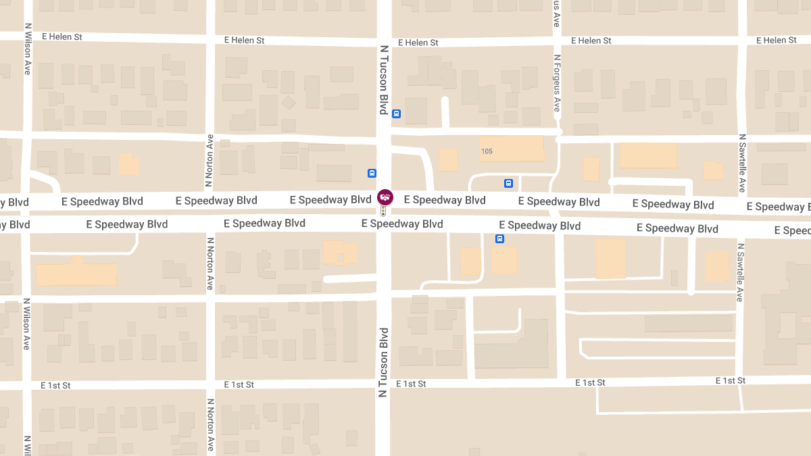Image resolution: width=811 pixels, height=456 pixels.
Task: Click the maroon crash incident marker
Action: click(385, 197)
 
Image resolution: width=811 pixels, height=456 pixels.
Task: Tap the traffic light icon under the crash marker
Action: click(383, 211)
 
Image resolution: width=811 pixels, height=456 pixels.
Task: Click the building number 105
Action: click(487, 151)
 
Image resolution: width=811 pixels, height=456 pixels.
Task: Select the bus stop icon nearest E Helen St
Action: click(397, 113)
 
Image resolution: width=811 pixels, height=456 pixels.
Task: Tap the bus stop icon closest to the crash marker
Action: click(372, 173)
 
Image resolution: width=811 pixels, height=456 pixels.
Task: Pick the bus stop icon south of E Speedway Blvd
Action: click(499, 238)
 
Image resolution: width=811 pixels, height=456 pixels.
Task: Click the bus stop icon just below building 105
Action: click(508, 183)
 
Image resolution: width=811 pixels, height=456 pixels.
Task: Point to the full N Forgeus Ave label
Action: click(557, 83)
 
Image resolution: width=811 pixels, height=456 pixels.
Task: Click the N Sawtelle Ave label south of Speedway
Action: click(741, 272)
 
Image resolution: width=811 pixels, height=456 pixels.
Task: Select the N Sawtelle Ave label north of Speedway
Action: click(741, 162)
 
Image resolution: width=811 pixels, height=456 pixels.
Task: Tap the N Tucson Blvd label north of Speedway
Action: click(384, 80)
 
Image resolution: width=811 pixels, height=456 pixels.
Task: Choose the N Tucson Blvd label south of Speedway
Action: click(383, 362)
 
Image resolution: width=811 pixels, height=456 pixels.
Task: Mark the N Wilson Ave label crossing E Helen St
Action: click(27, 49)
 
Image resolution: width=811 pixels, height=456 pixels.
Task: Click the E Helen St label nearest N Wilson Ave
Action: click(62, 36)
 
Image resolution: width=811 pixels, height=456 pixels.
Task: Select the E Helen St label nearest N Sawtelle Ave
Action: click(776, 41)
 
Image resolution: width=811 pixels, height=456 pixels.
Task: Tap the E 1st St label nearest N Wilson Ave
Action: click(55, 385)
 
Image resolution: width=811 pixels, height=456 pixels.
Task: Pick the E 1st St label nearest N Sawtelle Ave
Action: click(731, 381)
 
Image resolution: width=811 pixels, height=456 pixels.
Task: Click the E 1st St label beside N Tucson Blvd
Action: click(411, 384)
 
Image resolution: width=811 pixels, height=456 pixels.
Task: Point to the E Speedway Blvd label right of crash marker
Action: click(445, 200)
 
